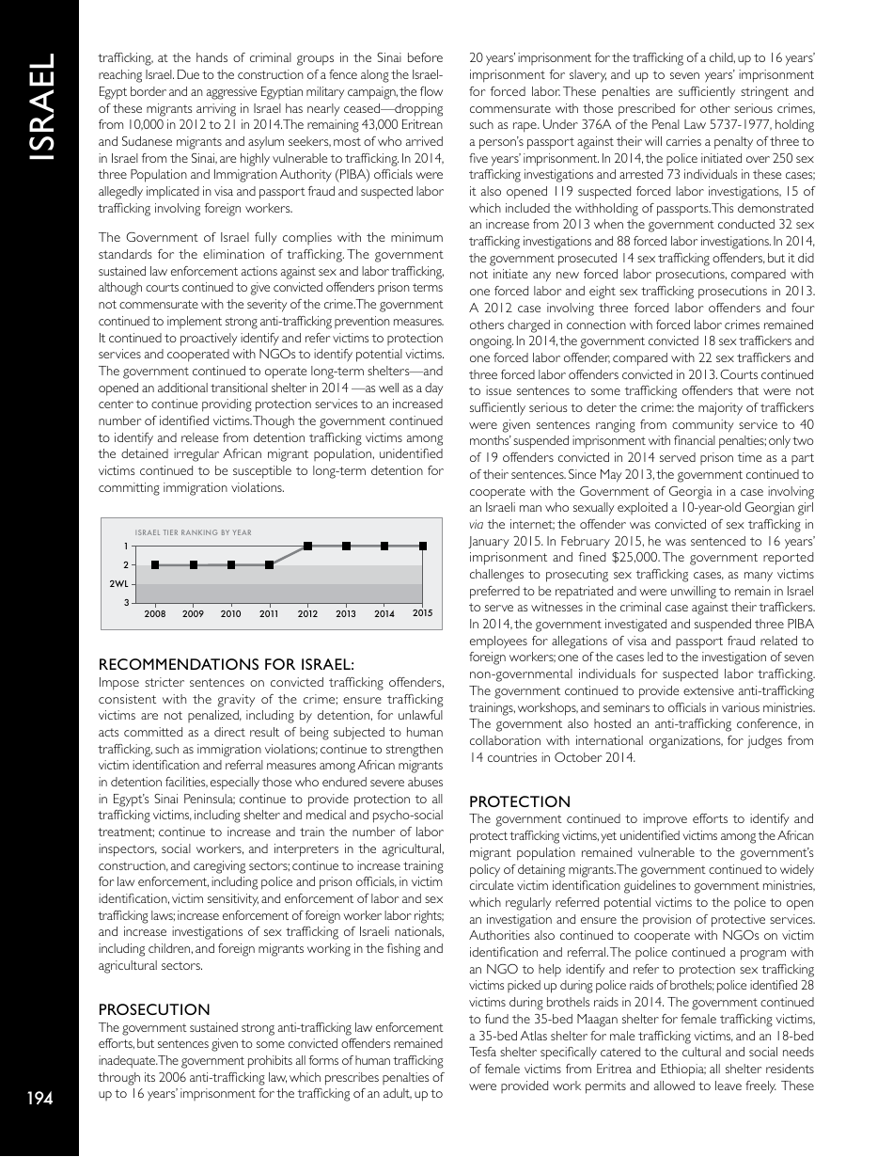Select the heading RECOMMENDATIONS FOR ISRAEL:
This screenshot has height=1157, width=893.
click(x=227, y=665)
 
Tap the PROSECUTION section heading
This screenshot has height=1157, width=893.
click(x=154, y=1009)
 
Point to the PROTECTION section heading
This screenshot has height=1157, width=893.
click(x=519, y=801)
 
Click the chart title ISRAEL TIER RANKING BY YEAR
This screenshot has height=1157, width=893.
click(x=194, y=532)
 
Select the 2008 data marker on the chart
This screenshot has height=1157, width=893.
click(x=155, y=564)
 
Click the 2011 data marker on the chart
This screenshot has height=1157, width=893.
click(x=270, y=564)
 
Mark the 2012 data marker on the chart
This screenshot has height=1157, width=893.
click(x=308, y=546)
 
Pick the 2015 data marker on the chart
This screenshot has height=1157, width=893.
click(x=424, y=546)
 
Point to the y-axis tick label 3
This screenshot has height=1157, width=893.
click(x=126, y=602)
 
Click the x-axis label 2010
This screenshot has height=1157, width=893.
click(x=231, y=614)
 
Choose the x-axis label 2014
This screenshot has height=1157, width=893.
click(x=384, y=614)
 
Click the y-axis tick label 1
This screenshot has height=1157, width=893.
click(x=126, y=546)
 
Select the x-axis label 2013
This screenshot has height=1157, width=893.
click(x=346, y=614)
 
